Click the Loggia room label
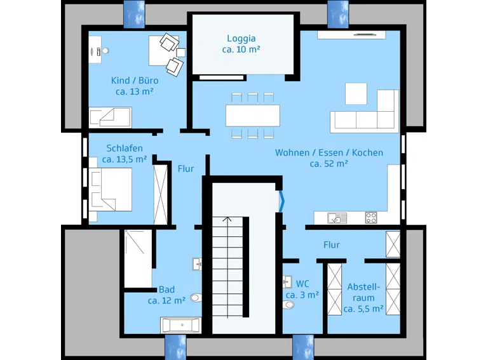click(241, 39)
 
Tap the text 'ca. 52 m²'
click(329, 164)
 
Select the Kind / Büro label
click(135, 81)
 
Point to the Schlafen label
click(125, 149)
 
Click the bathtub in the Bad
click(181, 325)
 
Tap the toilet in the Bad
click(196, 298)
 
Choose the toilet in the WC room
click(288, 305)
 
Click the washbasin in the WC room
click(287, 282)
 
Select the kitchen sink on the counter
click(337, 218)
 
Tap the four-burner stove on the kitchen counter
click(371, 218)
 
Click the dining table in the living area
click(253, 116)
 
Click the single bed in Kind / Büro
click(110, 117)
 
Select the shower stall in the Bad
click(138, 258)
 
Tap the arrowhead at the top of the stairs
click(227, 219)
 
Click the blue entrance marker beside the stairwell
click(281, 201)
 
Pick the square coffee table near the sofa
click(356, 93)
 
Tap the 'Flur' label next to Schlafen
click(186, 169)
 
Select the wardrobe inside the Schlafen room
click(161, 195)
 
